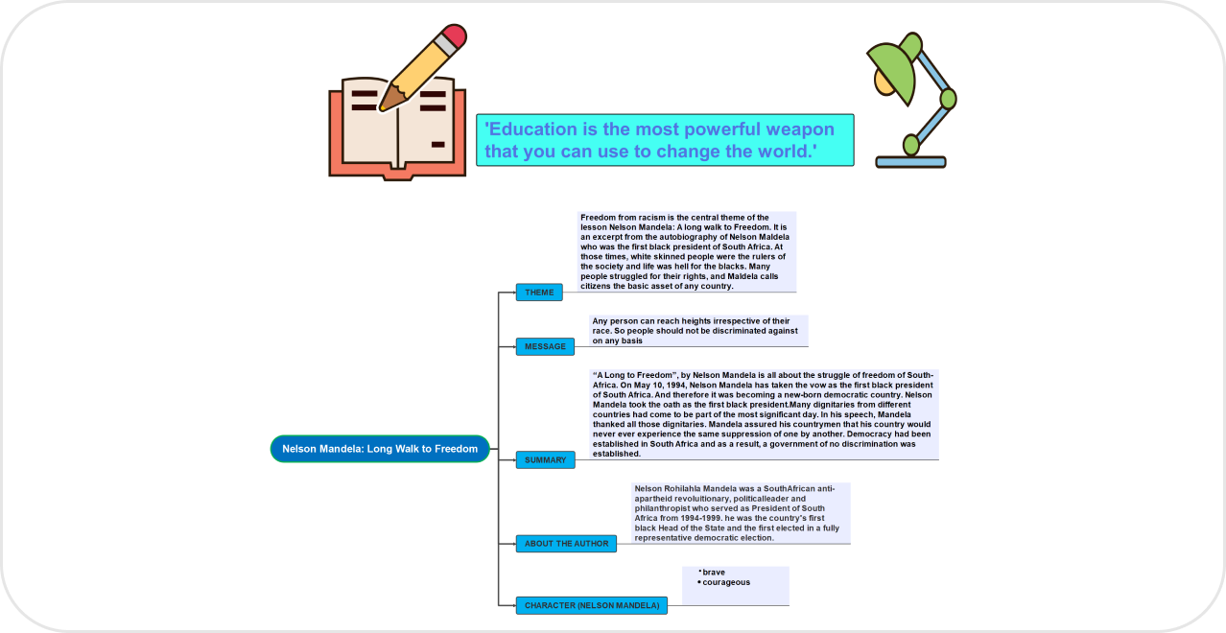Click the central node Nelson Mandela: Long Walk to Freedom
click(x=380, y=449)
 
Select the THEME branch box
click(x=539, y=293)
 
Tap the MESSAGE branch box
click(x=545, y=346)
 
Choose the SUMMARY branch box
click(x=545, y=460)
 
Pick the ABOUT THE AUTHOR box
click(x=566, y=544)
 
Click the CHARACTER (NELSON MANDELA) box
click(x=592, y=606)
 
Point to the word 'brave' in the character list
click(x=714, y=573)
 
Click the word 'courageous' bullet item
click(x=726, y=582)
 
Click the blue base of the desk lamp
click(x=910, y=161)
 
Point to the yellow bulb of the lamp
click(x=881, y=82)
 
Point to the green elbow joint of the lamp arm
click(x=948, y=98)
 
